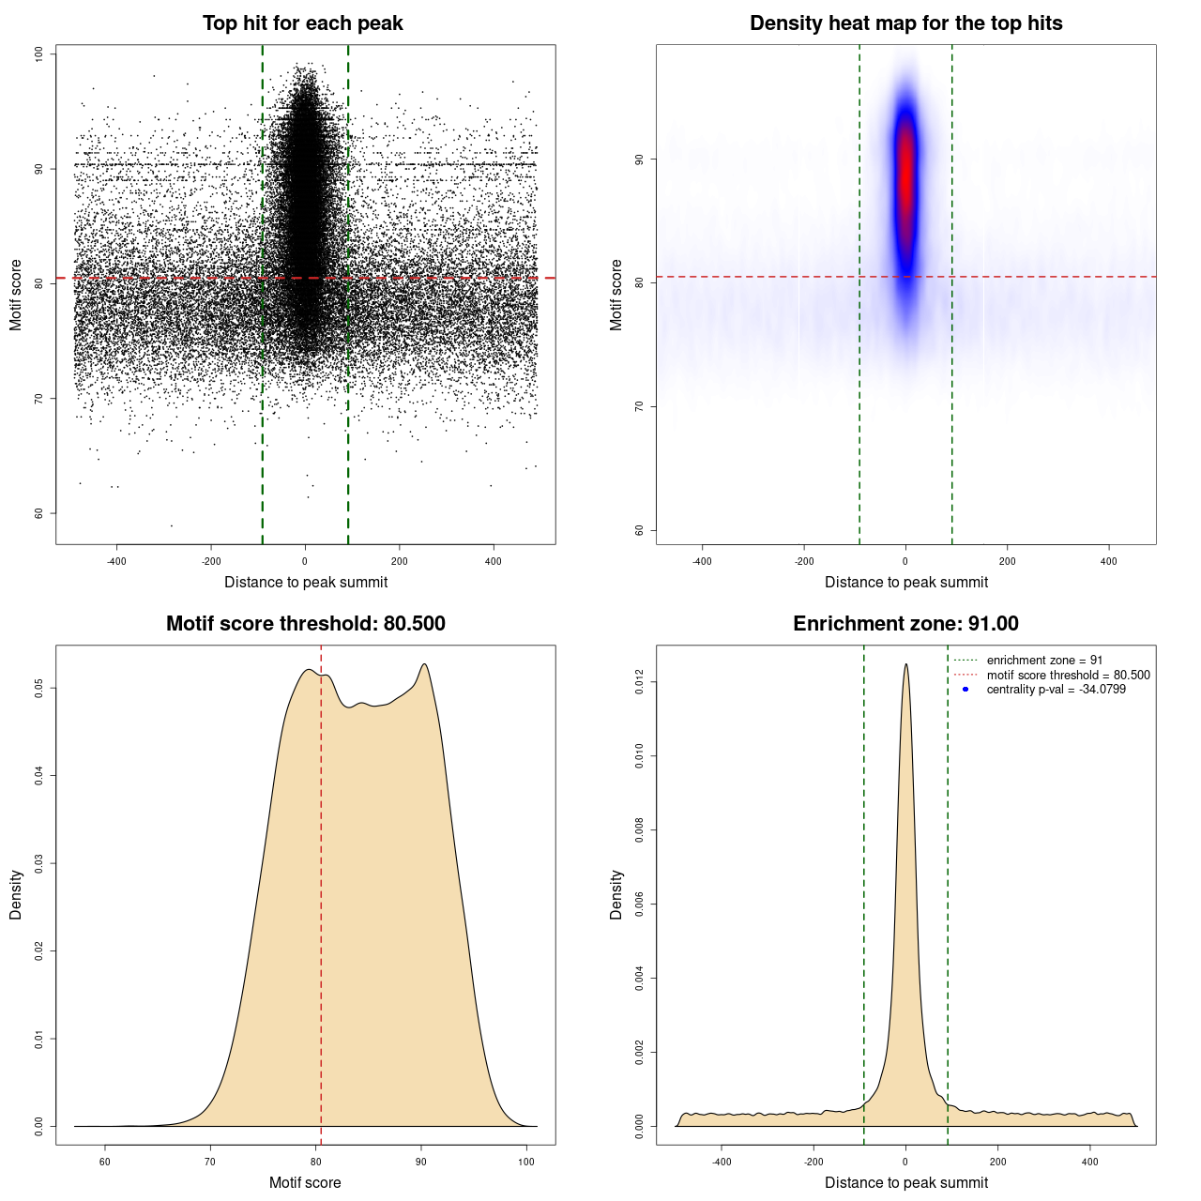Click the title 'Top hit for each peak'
pyautogui.click(x=302, y=23)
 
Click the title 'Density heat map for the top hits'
pyautogui.click(x=905, y=23)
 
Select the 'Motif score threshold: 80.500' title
pyautogui.click(x=305, y=624)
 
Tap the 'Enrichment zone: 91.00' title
pyautogui.click(x=905, y=624)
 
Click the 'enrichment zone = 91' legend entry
pyautogui.click(x=1044, y=661)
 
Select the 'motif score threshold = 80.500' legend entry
pyautogui.click(x=1068, y=676)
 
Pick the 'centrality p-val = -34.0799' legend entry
pyautogui.click(x=1056, y=690)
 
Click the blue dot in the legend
pyautogui.click(x=965, y=690)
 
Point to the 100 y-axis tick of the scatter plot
pyautogui.click(x=39, y=53)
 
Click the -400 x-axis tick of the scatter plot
pyautogui.click(x=116, y=561)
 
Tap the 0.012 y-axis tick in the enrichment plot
pyautogui.click(x=640, y=681)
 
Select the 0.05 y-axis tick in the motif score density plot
pyautogui.click(x=39, y=689)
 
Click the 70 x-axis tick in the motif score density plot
pyautogui.click(x=210, y=1162)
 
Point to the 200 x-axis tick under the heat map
pyautogui.click(x=1007, y=561)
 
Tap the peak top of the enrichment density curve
pyautogui.click(x=905, y=665)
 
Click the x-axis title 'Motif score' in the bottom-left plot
pyautogui.click(x=305, y=1182)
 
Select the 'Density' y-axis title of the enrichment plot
pyautogui.click(x=616, y=894)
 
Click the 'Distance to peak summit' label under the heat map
pyautogui.click(x=906, y=582)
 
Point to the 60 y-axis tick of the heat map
pyautogui.click(x=640, y=530)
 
